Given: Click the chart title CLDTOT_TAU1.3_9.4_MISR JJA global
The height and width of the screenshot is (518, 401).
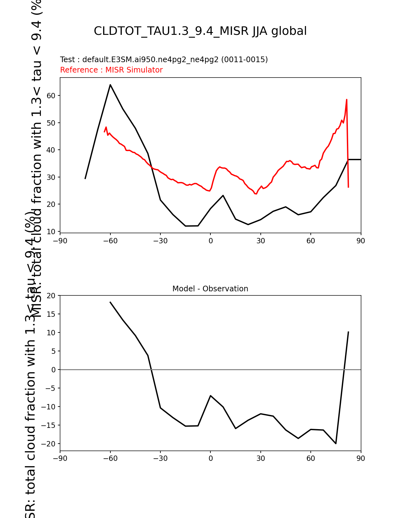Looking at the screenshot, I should click(200, 31).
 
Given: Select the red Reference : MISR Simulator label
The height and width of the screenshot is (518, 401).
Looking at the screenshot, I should click(111, 70).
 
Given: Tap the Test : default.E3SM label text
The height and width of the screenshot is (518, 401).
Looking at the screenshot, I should click(164, 60).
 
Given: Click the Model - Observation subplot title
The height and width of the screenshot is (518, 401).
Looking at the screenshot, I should click(210, 289).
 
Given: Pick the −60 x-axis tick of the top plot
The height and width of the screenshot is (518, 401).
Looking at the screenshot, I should click(110, 241).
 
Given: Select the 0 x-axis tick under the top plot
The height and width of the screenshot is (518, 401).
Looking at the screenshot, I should click(210, 241).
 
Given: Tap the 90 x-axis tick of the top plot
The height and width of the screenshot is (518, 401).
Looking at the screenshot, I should click(361, 241).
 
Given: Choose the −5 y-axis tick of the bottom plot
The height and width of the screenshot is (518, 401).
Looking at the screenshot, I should click(51, 388).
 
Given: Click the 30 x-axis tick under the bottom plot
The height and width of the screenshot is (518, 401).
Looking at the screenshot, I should click(260, 459).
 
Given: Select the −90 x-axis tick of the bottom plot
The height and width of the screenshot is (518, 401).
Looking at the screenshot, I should click(60, 459).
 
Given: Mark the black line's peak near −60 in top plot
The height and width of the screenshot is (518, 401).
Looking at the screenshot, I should click(110, 84).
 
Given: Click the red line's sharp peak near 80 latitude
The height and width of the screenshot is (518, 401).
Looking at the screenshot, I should click(347, 100).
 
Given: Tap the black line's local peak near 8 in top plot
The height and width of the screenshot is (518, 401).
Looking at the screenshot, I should click(223, 195).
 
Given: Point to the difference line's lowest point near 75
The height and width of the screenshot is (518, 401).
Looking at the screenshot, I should click(336, 444).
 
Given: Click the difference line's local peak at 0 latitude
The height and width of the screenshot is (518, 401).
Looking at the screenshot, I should click(210, 396).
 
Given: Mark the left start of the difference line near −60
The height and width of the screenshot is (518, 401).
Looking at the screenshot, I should click(110, 302).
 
